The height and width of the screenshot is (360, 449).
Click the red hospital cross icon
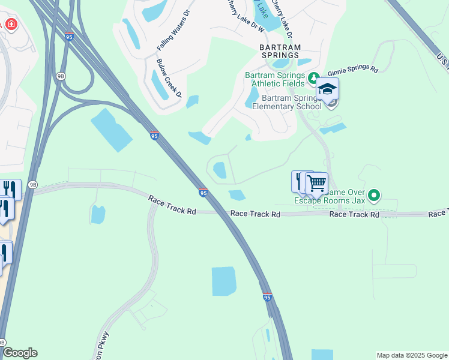[x=11, y=25]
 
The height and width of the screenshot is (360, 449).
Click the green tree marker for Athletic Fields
[x=313, y=77]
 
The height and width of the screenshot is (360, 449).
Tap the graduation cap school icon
[x=327, y=89]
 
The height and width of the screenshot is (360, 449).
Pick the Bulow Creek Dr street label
[x=169, y=77]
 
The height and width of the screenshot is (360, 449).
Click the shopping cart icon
[x=316, y=182]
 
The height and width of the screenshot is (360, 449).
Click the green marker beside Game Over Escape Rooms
[x=375, y=196]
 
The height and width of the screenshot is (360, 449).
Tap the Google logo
[x=20, y=353]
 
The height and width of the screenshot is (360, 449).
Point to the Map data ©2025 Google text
[x=412, y=355]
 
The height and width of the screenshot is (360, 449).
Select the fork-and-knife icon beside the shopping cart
[x=300, y=181]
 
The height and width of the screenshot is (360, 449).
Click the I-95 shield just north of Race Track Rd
[x=203, y=193]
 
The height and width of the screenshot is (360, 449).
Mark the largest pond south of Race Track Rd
[x=224, y=281]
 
